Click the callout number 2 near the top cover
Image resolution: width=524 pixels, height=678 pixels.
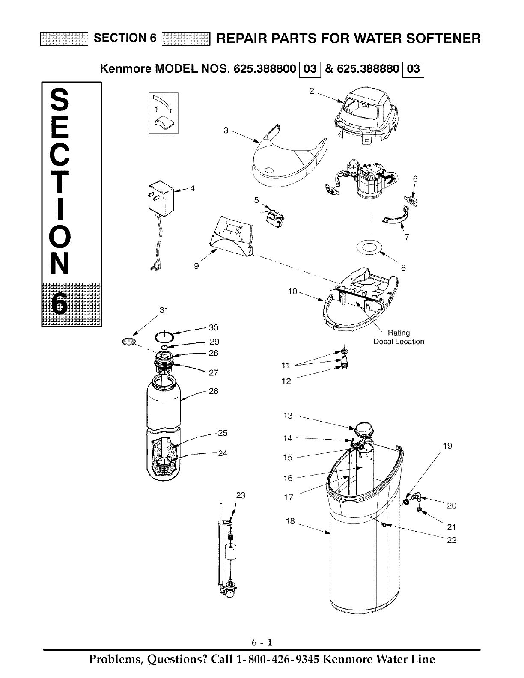click(x=312, y=91)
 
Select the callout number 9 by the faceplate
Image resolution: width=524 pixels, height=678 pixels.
click(x=196, y=266)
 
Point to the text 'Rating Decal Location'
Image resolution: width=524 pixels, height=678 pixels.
click(x=399, y=337)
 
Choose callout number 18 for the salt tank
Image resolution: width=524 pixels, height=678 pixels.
click(x=290, y=521)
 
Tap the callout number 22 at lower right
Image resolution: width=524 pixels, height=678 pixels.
click(x=452, y=541)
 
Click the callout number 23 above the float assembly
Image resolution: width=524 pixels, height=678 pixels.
click(x=241, y=496)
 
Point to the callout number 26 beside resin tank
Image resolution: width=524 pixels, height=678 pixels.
click(x=213, y=391)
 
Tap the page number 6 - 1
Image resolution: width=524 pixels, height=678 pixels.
click(x=262, y=642)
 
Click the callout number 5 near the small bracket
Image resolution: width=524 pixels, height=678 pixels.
click(x=256, y=199)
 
